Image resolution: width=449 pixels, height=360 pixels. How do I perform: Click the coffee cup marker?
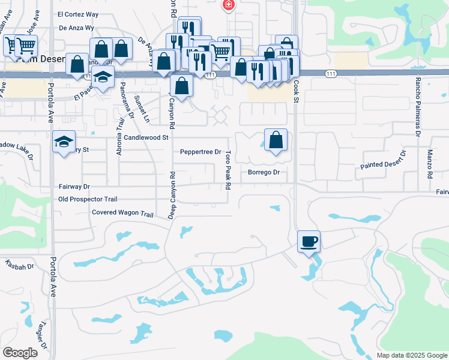tap(309, 242)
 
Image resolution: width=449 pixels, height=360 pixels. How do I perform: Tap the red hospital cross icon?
tap(228, 5)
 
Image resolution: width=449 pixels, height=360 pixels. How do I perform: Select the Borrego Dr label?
tap(264, 173)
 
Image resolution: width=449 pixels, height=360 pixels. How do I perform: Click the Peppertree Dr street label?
tap(201, 152)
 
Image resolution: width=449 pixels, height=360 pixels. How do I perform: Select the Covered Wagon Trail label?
tap(122, 212)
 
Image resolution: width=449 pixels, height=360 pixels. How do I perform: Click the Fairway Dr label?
tap(74, 187)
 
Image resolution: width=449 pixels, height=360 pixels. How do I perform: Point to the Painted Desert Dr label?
tap(384, 160)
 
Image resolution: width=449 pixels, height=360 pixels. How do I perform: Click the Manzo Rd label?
tap(430, 165)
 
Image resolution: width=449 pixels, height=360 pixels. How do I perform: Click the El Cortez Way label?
tap(77, 14)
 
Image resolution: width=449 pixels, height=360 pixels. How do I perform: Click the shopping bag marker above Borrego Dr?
tap(275, 140)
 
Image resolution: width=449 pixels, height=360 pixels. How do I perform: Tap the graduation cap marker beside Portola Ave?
tap(64, 142)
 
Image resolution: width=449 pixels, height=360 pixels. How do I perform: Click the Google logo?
tap(20, 353)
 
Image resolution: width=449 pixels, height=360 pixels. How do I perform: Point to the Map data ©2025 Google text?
tap(411, 355)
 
